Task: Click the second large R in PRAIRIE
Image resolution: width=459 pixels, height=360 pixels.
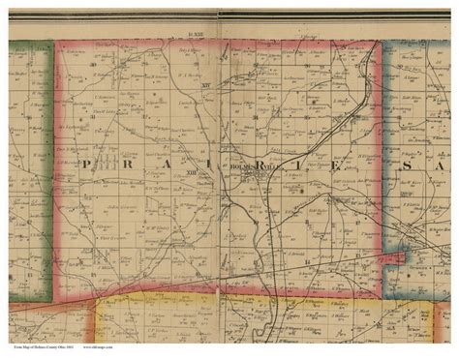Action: [x=262, y=164]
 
